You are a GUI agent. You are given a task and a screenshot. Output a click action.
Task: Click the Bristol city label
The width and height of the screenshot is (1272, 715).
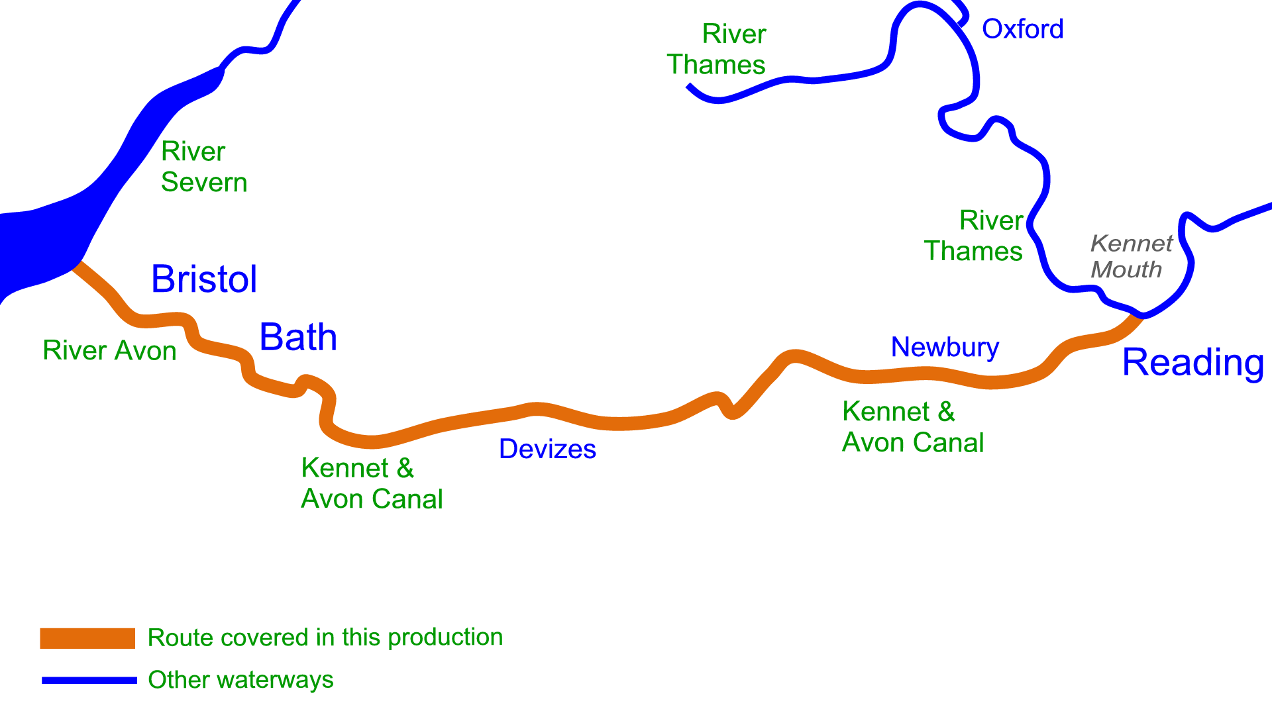(x=204, y=279)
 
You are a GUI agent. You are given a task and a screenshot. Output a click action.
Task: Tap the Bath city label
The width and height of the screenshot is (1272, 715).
(x=298, y=337)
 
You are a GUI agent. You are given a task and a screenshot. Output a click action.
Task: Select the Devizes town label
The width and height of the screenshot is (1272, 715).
(x=547, y=449)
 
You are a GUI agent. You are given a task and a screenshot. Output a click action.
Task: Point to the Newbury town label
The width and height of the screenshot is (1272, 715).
(x=945, y=348)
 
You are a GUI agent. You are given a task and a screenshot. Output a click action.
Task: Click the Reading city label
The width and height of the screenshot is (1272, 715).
(x=1193, y=363)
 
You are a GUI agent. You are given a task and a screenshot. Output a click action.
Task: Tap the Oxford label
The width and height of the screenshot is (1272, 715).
(x=1022, y=29)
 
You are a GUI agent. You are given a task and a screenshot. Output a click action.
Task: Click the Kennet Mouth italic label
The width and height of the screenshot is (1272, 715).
(x=1131, y=256)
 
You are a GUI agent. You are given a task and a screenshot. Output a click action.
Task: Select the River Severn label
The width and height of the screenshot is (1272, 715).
(x=204, y=167)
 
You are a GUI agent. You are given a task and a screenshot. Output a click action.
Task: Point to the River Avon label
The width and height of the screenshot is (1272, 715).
(x=109, y=350)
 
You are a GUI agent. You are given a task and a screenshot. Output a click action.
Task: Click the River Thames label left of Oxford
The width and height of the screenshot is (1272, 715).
(x=716, y=49)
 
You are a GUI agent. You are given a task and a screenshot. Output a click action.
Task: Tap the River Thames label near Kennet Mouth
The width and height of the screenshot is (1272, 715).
(x=973, y=236)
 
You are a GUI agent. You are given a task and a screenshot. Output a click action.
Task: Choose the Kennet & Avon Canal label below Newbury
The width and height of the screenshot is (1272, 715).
(x=913, y=427)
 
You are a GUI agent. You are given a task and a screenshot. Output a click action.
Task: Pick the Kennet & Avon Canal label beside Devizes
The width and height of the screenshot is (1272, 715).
(x=372, y=483)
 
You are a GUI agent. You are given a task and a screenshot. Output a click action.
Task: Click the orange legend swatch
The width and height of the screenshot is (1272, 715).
(x=87, y=638)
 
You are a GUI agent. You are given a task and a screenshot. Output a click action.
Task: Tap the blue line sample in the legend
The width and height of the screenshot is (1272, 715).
(x=89, y=681)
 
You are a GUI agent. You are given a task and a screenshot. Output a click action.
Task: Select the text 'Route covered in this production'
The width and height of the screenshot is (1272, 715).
(x=325, y=638)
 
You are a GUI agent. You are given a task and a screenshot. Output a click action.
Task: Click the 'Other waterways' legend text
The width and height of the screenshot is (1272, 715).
(x=240, y=680)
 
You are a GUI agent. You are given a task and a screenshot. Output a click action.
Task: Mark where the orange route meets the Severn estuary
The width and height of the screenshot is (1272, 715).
(x=77, y=265)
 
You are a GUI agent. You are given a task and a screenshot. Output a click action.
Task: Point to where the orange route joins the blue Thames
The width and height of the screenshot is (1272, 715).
(x=1140, y=316)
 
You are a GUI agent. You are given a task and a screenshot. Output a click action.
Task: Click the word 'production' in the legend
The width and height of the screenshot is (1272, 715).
(x=445, y=638)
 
